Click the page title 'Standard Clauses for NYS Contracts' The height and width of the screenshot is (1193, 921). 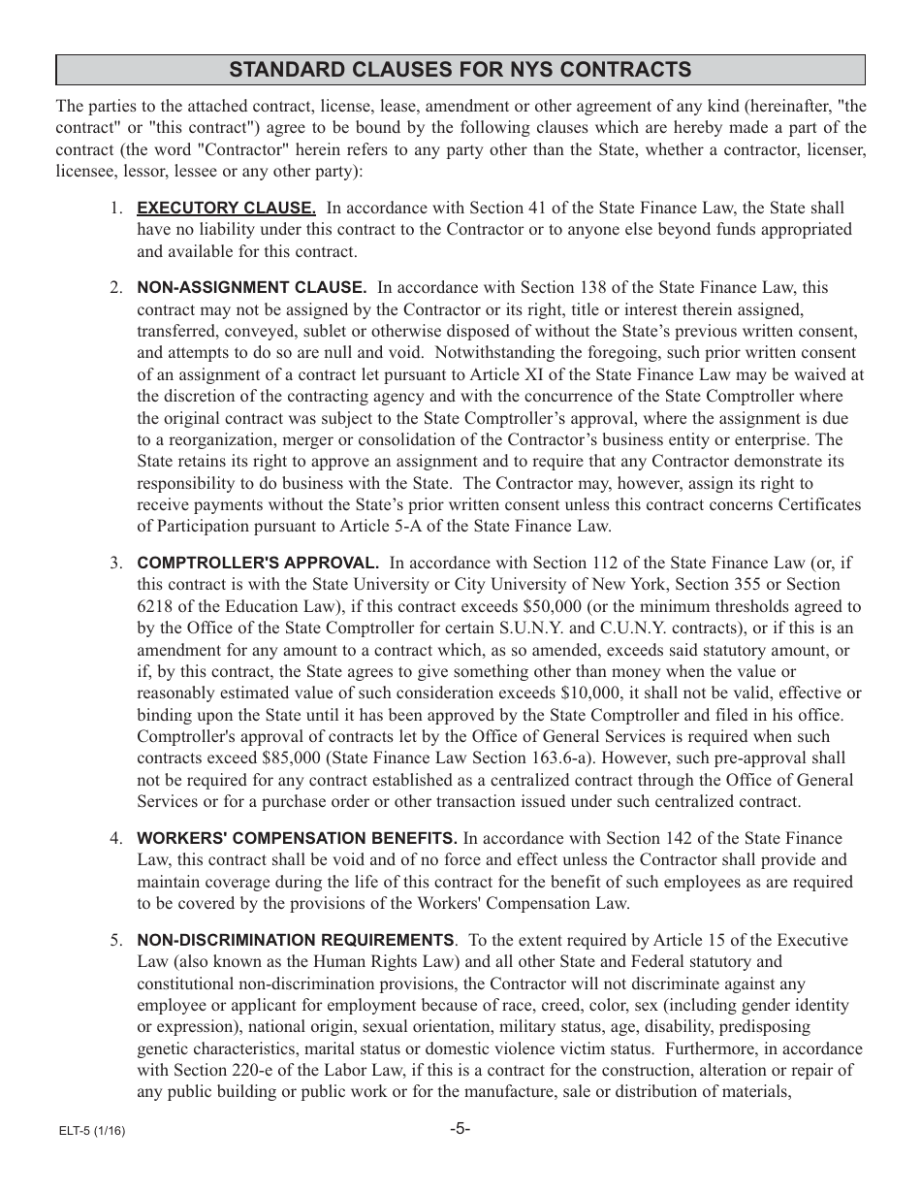click(x=460, y=70)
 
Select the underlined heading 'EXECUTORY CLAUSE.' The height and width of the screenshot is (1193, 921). click(x=226, y=208)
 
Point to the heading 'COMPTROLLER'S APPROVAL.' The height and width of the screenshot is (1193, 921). click(x=258, y=563)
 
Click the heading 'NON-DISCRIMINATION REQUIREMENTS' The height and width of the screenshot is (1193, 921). click(x=295, y=940)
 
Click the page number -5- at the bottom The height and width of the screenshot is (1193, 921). click(x=460, y=1128)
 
